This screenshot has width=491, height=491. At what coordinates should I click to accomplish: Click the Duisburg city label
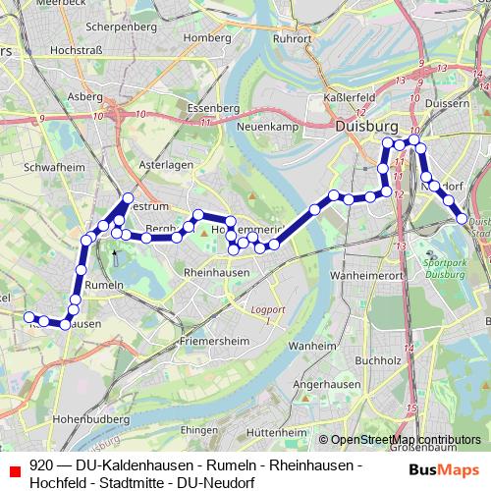pyautogui.click(x=364, y=127)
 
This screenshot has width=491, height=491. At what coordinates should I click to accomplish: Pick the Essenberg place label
pyautogui.click(x=214, y=107)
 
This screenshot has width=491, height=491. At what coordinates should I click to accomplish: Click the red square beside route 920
pyautogui.click(x=15, y=472)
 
